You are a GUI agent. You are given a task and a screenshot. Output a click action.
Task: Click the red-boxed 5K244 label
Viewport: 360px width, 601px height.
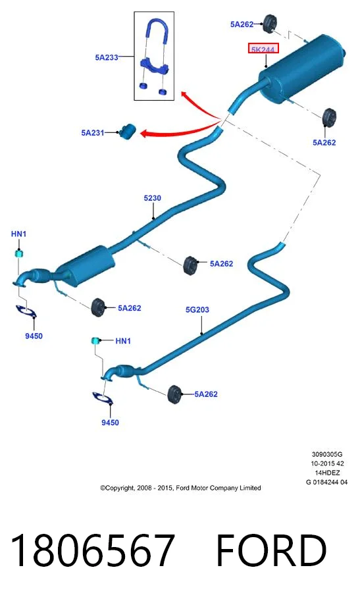click(263, 49)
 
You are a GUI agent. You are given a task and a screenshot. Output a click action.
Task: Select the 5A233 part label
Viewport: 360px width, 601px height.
click(107, 57)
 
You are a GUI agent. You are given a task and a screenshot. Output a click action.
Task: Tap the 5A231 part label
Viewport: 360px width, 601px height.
click(92, 132)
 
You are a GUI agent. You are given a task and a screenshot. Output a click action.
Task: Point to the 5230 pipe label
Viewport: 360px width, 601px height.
click(152, 197)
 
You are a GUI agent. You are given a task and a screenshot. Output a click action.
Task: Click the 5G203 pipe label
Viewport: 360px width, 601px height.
click(197, 309)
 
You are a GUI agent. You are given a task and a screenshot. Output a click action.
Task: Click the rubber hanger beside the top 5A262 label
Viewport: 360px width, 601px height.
click(270, 24)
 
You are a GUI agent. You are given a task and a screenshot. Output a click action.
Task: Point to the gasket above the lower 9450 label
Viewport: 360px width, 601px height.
click(103, 398)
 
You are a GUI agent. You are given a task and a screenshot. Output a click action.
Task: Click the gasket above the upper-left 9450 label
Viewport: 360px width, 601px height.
click(26, 311)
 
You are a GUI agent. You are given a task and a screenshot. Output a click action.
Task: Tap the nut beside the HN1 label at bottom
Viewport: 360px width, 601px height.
click(95, 340)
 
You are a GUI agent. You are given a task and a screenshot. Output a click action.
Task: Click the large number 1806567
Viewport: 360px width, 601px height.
click(92, 550)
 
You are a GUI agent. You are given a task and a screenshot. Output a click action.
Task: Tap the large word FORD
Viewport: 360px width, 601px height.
click(271, 550)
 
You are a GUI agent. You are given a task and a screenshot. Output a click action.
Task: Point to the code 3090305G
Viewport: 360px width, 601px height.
click(327, 454)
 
